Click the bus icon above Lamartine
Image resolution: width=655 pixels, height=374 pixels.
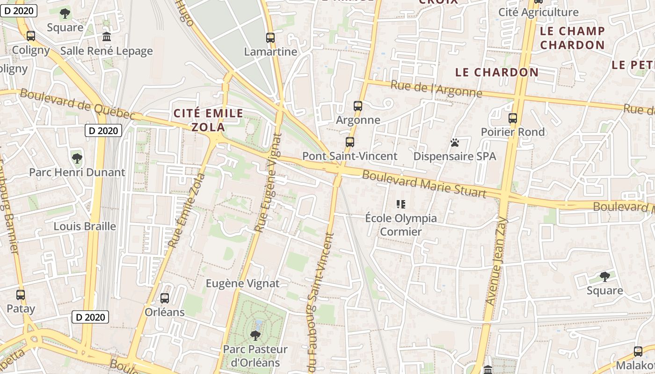pyautogui.click(x=270, y=38)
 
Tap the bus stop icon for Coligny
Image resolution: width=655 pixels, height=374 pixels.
pyautogui.click(x=31, y=36)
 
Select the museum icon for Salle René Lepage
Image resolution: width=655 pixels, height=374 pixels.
pyautogui.click(x=107, y=36)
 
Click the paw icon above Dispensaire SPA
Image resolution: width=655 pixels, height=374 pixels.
pyautogui.click(x=454, y=143)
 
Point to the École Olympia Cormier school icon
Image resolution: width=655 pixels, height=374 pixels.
pyautogui.click(x=401, y=204)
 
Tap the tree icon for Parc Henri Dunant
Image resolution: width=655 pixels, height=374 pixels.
pyautogui.click(x=77, y=158)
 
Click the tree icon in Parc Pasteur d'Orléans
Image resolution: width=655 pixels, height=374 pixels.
pyautogui.click(x=255, y=335)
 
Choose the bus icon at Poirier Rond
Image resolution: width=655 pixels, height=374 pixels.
pyautogui.click(x=513, y=118)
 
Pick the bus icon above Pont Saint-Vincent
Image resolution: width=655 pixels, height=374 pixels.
pyautogui.click(x=350, y=142)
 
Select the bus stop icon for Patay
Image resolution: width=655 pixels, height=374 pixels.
pyautogui.click(x=21, y=295)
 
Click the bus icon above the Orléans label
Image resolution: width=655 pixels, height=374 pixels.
pyautogui.click(x=165, y=298)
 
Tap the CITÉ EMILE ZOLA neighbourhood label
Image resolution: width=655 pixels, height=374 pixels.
pyautogui.click(x=209, y=120)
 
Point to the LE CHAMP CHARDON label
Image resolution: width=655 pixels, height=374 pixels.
pyautogui.click(x=572, y=38)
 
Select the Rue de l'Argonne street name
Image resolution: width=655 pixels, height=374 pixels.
pyautogui.click(x=436, y=88)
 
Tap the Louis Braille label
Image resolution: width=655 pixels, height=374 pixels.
pyautogui.click(x=85, y=226)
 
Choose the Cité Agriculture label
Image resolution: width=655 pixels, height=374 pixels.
pyautogui.click(x=539, y=12)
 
